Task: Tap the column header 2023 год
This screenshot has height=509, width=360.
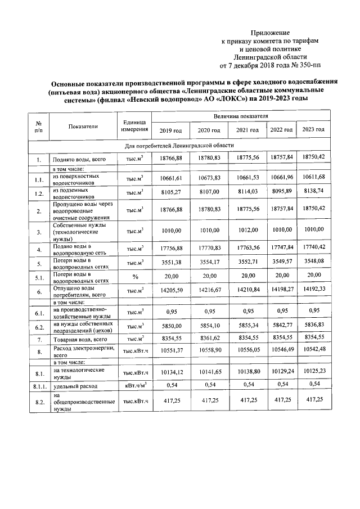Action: [313, 130]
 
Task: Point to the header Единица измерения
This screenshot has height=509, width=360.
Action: [134, 127]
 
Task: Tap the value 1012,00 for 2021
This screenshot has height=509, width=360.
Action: [247, 230]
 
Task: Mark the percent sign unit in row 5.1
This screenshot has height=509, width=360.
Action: [134, 277]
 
